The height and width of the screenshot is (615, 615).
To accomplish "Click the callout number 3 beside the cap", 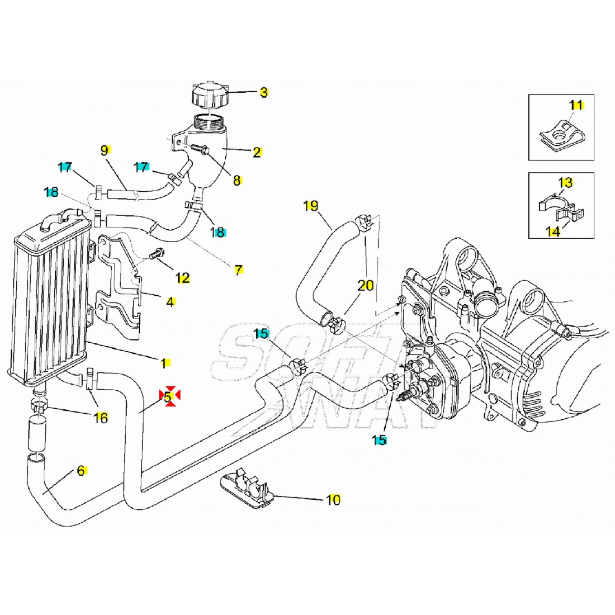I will [264, 92].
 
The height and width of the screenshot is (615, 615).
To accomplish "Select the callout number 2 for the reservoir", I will [257, 152].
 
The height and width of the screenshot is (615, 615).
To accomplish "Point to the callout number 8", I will [236, 180].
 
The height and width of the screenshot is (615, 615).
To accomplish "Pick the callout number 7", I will [238, 270].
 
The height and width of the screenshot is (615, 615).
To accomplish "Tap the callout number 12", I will [182, 278].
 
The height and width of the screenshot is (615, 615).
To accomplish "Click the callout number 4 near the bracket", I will [170, 302].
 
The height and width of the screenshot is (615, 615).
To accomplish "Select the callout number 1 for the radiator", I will [164, 363].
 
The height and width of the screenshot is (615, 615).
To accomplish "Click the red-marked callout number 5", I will [167, 396].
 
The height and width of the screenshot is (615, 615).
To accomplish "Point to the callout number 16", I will [101, 417].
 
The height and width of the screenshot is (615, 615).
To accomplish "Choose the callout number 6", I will [81, 471].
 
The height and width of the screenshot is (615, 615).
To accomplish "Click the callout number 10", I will [333, 500].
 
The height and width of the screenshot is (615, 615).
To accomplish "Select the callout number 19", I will [311, 206].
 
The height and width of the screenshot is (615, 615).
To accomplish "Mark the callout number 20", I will [365, 286].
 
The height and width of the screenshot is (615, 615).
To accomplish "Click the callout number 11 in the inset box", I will [576, 105].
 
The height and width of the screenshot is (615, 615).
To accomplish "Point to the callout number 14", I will [553, 231].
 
